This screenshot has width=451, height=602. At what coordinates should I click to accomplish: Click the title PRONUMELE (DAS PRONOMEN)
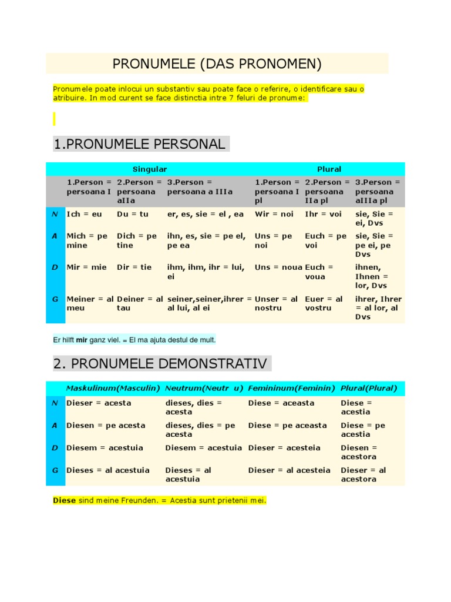[x=217, y=63]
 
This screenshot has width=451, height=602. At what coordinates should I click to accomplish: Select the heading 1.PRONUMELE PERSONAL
[x=139, y=144]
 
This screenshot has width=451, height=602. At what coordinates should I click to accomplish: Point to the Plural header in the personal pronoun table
[x=329, y=169]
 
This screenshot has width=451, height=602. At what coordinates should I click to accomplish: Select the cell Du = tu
[x=133, y=215]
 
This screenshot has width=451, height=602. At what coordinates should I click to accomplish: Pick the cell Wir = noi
[x=274, y=215]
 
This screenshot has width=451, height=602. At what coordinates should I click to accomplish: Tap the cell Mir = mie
[x=86, y=267]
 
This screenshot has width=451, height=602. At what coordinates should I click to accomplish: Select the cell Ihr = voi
[x=323, y=215]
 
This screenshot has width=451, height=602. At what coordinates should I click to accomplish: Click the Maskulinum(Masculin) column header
[x=113, y=389]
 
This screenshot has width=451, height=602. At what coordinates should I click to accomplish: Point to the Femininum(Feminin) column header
[x=291, y=389]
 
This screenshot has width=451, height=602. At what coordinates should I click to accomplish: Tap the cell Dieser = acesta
[x=99, y=403]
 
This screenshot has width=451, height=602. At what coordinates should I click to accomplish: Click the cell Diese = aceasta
[x=281, y=403]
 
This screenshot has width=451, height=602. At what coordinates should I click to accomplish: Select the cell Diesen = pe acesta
[x=106, y=426]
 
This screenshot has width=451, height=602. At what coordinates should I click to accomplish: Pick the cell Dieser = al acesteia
[x=289, y=470]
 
